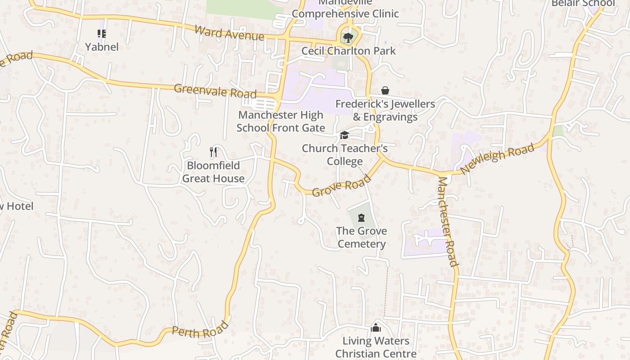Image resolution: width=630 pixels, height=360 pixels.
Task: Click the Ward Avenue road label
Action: pos(229,32)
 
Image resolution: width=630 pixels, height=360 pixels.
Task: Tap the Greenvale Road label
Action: pos(215,91)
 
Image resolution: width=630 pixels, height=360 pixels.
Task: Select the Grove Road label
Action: pos(341,185)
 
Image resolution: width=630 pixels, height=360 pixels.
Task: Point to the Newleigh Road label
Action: pos(498,158)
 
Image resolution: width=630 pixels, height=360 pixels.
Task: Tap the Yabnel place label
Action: pos(102,47)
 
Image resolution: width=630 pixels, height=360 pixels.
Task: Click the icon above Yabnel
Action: pos(102,33)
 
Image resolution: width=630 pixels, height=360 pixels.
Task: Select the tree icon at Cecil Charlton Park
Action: pos(347,37)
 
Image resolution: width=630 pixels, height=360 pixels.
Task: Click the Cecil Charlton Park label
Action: pos(349,51)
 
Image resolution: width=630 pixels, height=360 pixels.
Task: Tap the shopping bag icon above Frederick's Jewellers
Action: pos(385,91)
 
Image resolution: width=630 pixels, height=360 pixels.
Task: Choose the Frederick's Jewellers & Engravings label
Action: pos(385,111)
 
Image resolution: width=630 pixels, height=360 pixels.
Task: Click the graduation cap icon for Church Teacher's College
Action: pos(344,135)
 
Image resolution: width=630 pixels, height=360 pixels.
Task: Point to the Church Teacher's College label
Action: pos(345,155)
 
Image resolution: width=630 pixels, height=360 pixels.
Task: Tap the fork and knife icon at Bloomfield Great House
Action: pos(214,152)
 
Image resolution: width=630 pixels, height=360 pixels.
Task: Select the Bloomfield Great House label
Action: pos(213,172)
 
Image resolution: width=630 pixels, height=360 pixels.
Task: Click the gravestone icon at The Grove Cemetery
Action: pos(361,218)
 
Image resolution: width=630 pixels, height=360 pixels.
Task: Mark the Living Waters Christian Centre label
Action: pos(376,347)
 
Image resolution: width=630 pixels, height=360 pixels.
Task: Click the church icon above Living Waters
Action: pos(376,328)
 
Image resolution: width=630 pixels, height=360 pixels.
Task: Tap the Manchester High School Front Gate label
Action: pos(281,121)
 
